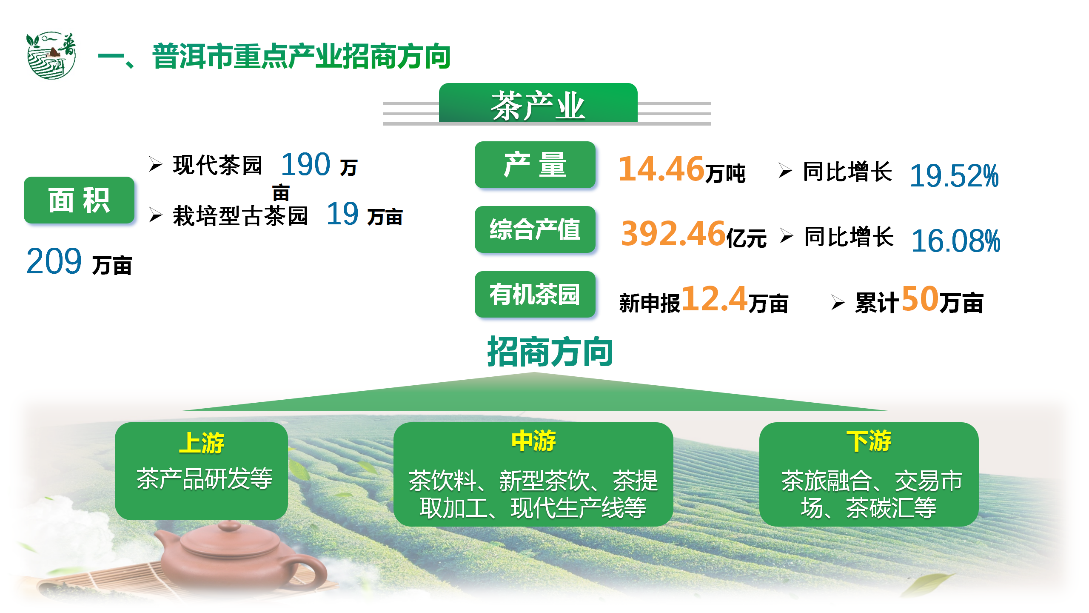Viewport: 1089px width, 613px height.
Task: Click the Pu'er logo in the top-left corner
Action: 51,55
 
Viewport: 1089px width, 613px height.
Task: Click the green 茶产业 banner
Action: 538,103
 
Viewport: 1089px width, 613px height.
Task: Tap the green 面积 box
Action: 79,200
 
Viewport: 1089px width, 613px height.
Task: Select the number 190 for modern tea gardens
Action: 305,164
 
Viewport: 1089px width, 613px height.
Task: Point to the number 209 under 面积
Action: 54,261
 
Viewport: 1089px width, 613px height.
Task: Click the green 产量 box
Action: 535,165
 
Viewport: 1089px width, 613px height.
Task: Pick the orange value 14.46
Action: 661,169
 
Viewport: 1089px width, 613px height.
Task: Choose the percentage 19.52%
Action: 954,175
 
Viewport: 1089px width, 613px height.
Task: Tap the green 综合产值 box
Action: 535,229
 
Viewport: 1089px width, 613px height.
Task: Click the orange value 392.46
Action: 673,233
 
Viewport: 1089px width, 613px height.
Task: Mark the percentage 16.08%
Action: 955,241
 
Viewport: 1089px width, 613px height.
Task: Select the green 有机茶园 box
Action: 535,294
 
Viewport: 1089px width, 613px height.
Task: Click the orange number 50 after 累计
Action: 920,298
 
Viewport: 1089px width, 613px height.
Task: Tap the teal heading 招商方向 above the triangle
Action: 550,352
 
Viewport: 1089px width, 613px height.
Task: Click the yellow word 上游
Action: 201,443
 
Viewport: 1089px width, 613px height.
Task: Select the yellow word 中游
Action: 533,441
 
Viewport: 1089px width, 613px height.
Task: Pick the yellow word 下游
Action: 869,441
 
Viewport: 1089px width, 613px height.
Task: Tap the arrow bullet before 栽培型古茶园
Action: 156,215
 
